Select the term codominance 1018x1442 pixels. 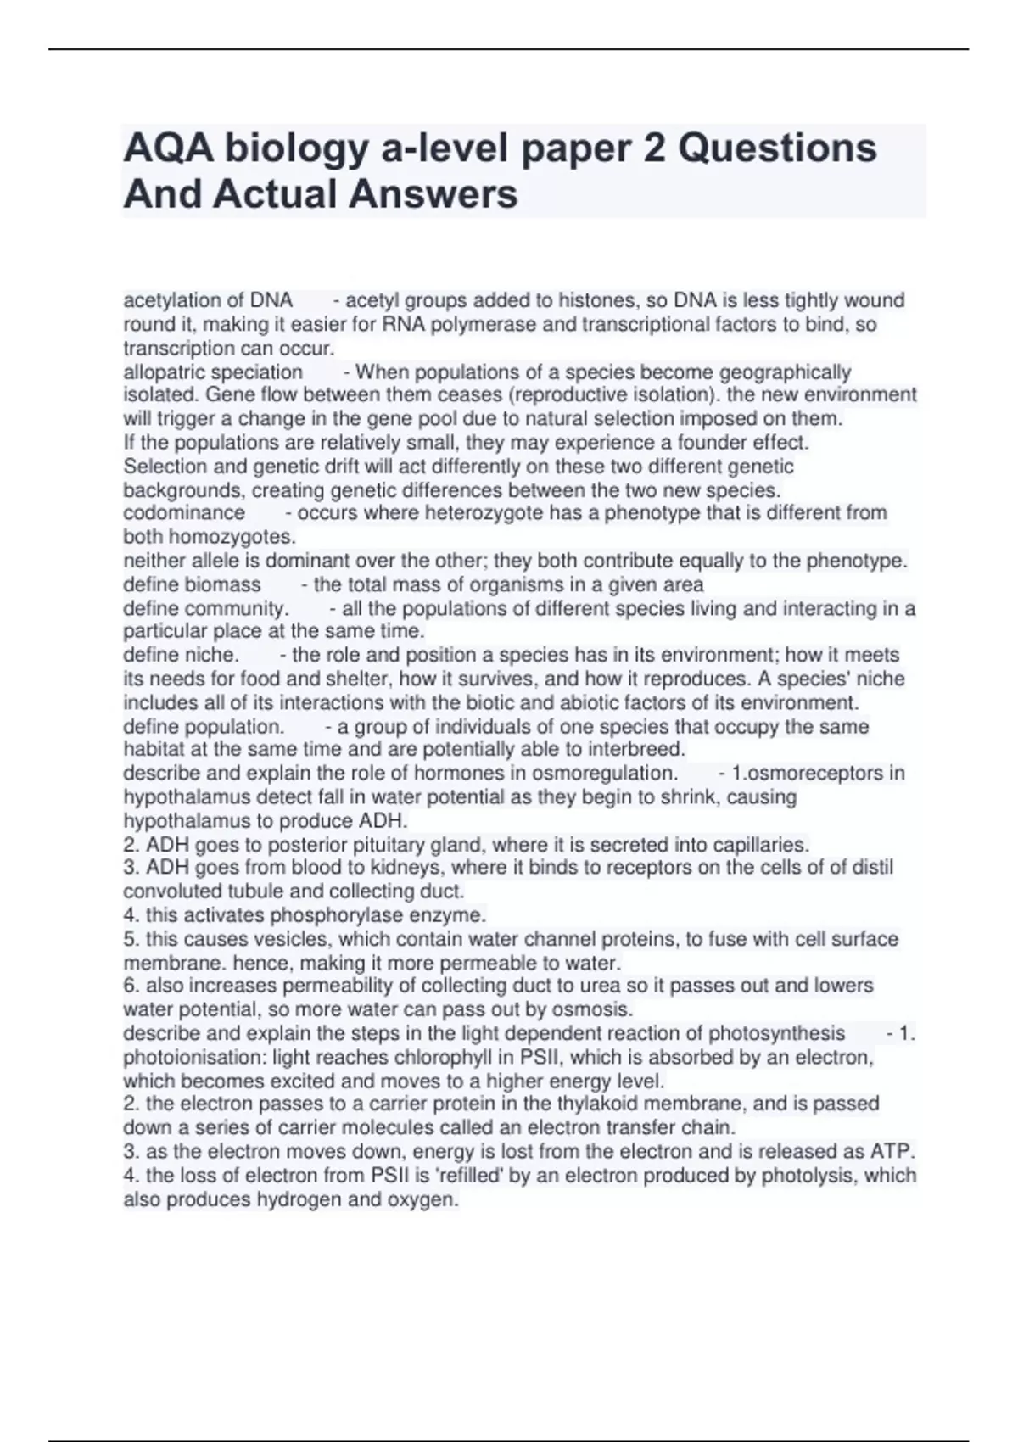tap(184, 513)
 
